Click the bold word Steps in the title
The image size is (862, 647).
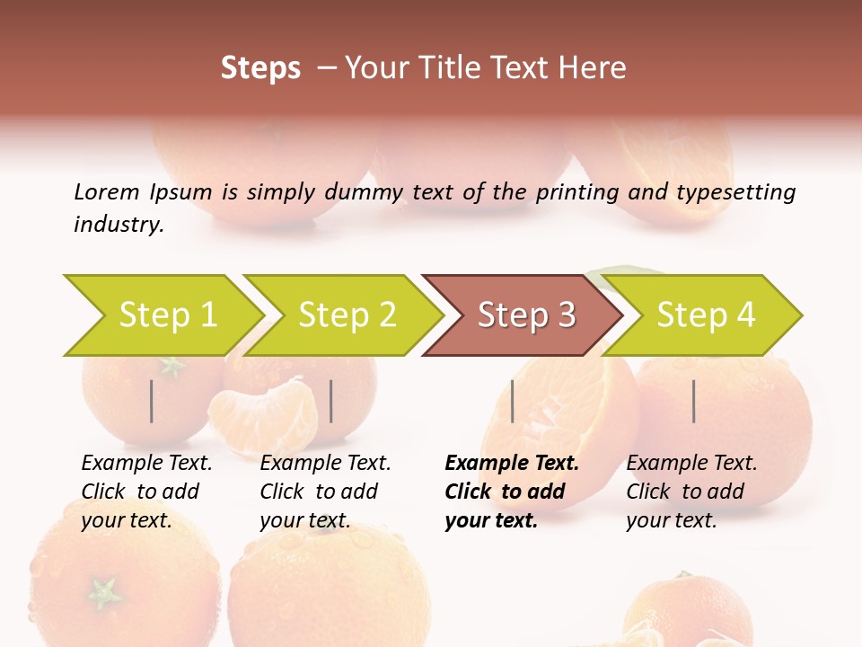[260, 68]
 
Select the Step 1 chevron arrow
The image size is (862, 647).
[162, 315]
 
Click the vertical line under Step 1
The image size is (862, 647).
[152, 401]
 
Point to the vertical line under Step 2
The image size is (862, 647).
[331, 401]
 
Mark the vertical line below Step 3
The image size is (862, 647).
[512, 401]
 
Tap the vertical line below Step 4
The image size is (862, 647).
[694, 401]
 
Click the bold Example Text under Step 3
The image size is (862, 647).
[512, 464]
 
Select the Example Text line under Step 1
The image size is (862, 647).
[146, 464]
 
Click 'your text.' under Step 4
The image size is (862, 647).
[671, 521]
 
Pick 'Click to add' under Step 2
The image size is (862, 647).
[319, 492]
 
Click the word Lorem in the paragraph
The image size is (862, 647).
[106, 191]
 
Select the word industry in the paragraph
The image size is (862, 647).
[118, 225]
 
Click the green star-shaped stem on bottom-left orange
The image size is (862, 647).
[104, 592]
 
